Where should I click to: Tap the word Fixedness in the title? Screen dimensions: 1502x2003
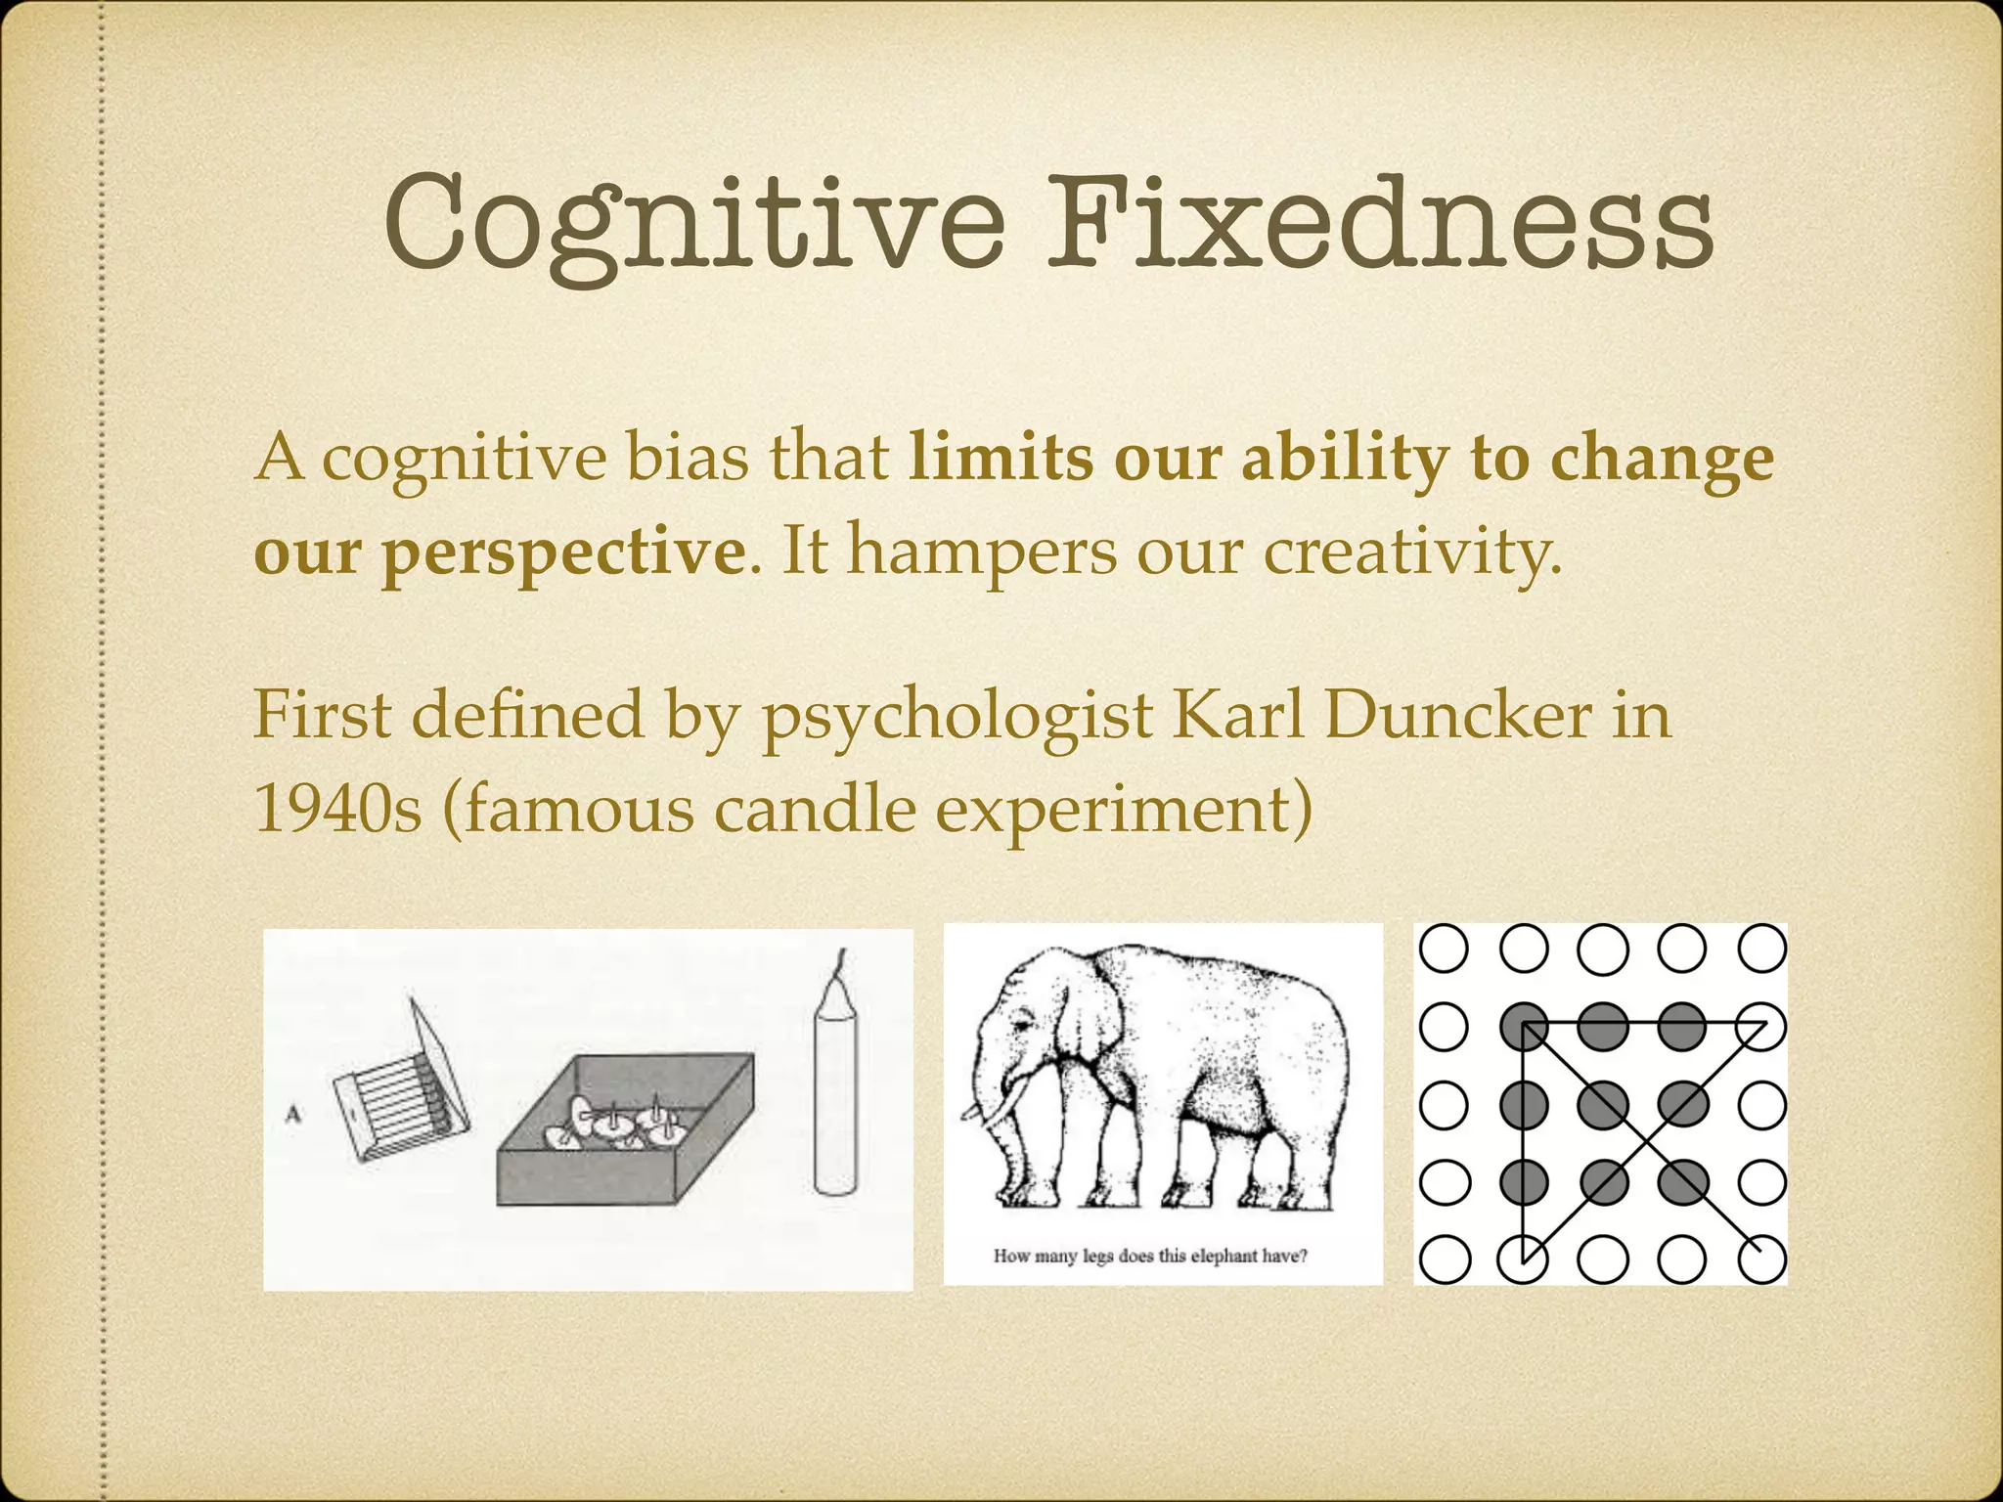coord(1379,223)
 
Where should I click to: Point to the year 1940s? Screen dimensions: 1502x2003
coord(337,810)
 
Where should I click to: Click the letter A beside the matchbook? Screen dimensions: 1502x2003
coord(292,1112)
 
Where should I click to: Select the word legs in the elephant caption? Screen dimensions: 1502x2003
coord(1098,1257)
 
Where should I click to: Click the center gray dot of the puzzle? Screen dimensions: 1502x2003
coord(1602,1105)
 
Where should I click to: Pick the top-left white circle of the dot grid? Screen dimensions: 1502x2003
coord(1444,948)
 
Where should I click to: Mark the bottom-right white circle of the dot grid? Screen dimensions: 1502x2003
coord(1762,1259)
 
